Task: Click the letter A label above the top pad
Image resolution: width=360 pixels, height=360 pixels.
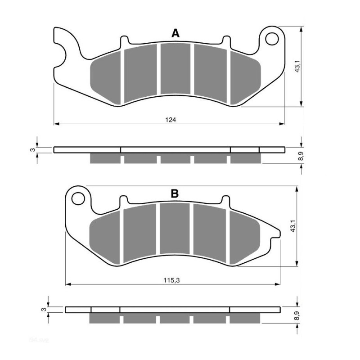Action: click(175, 33)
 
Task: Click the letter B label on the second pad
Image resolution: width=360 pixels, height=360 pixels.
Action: click(175, 194)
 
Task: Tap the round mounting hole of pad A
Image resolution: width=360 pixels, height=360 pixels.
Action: click(272, 39)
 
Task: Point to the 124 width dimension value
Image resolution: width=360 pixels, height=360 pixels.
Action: click(170, 120)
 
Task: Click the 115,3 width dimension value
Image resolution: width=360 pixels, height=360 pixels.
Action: click(172, 280)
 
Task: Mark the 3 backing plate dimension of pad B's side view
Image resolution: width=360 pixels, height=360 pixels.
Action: click(44, 310)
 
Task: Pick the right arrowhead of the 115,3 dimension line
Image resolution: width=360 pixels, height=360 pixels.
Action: click(278, 284)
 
